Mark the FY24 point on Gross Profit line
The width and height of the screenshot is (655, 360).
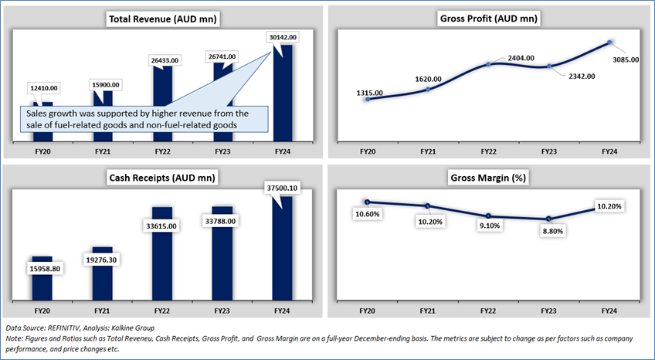pyautogui.click(x=610, y=42)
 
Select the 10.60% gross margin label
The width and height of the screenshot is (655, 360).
pyautogui.click(x=368, y=212)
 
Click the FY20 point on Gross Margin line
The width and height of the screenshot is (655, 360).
pyautogui.click(x=367, y=202)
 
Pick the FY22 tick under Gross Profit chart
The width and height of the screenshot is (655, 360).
pyautogui.click(x=488, y=153)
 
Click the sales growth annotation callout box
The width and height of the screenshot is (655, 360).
pyautogui.click(x=143, y=119)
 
